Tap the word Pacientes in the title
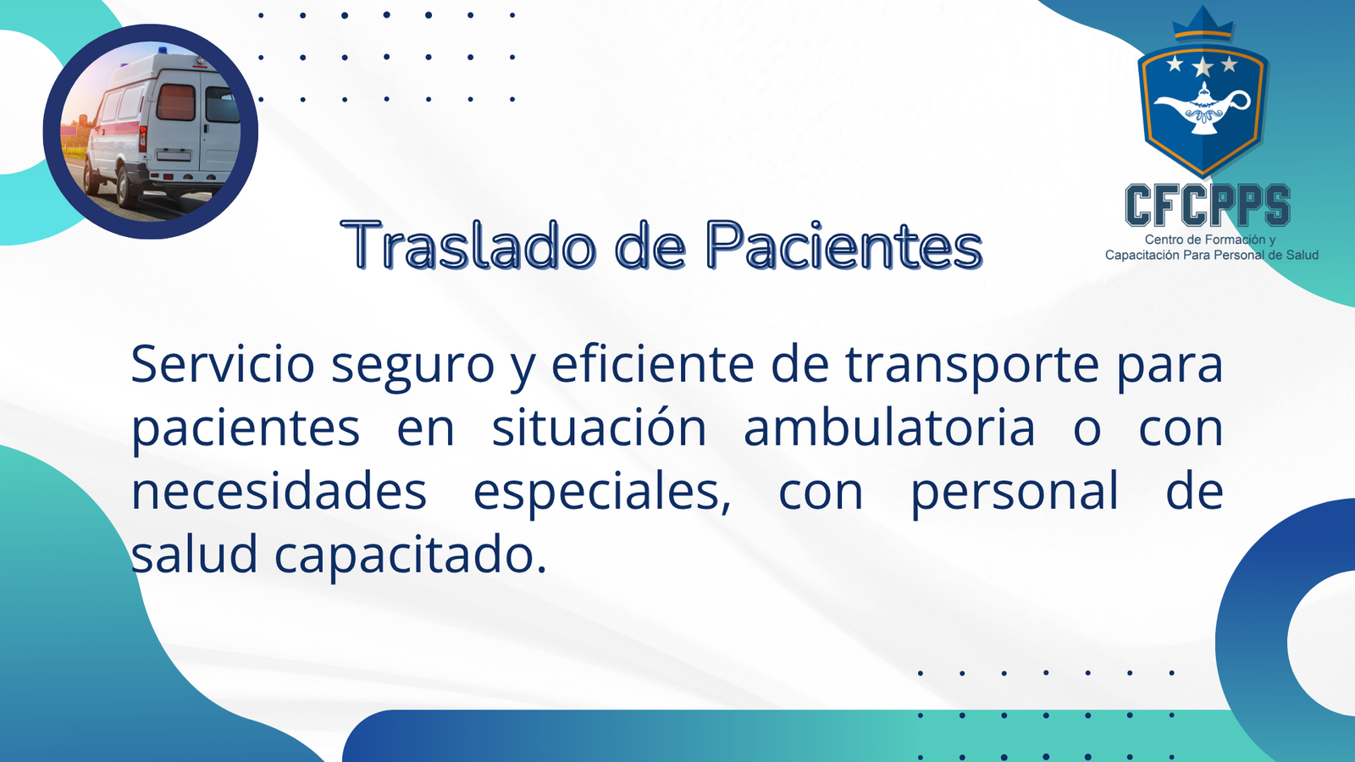click(x=844, y=246)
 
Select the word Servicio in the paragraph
click(x=223, y=364)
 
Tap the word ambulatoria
click(x=889, y=427)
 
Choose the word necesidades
click(x=279, y=490)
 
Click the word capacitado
click(x=411, y=555)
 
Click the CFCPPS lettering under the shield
click(x=1208, y=205)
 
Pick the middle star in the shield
click(x=1203, y=66)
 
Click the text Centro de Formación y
click(x=1210, y=240)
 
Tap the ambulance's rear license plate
click(x=174, y=156)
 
